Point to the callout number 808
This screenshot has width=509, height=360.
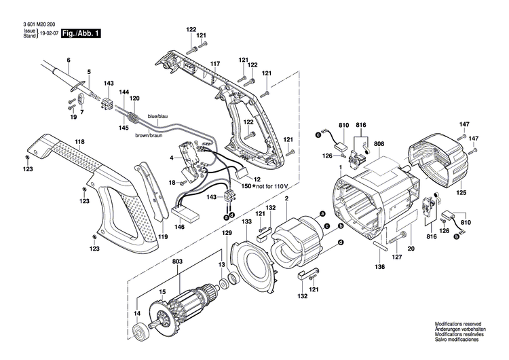378,143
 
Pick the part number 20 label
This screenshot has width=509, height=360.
411,249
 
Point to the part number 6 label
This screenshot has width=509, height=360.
69,60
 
